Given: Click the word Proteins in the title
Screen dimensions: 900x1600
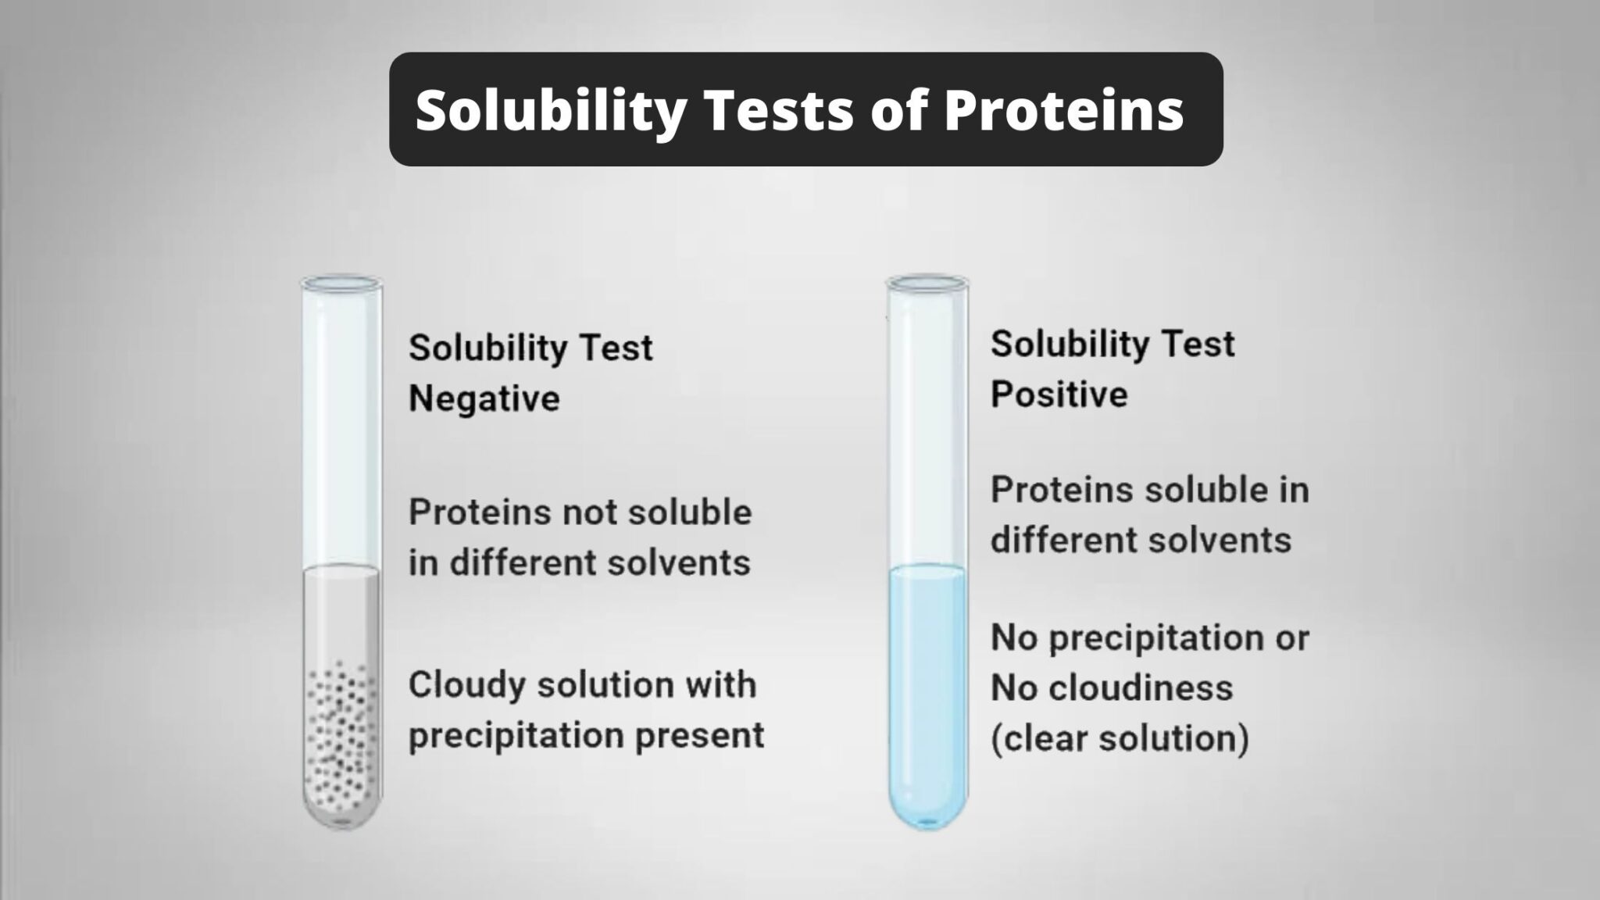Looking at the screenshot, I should click(1063, 111).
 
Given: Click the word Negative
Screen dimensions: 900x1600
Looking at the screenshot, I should click(484, 398).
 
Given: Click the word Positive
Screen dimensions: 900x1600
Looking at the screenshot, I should click(1059, 395).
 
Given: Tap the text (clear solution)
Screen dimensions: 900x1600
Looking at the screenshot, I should click(1120, 738).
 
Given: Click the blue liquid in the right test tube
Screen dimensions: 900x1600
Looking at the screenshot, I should click(927, 687).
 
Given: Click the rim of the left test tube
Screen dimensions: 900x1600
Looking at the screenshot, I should click(341, 282).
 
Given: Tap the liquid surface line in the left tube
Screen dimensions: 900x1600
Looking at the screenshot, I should click(341, 568).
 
